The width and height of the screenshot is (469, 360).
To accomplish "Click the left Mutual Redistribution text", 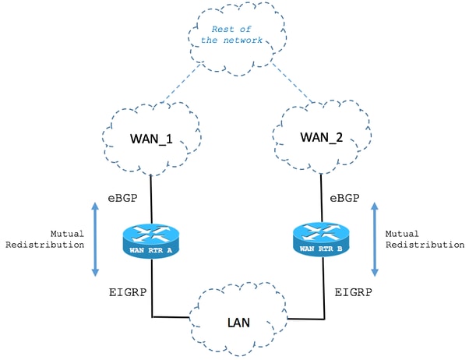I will click(49, 238).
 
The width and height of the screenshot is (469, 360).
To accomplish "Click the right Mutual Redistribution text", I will click(421, 238).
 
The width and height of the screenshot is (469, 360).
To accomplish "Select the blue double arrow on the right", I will click(375, 238).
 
